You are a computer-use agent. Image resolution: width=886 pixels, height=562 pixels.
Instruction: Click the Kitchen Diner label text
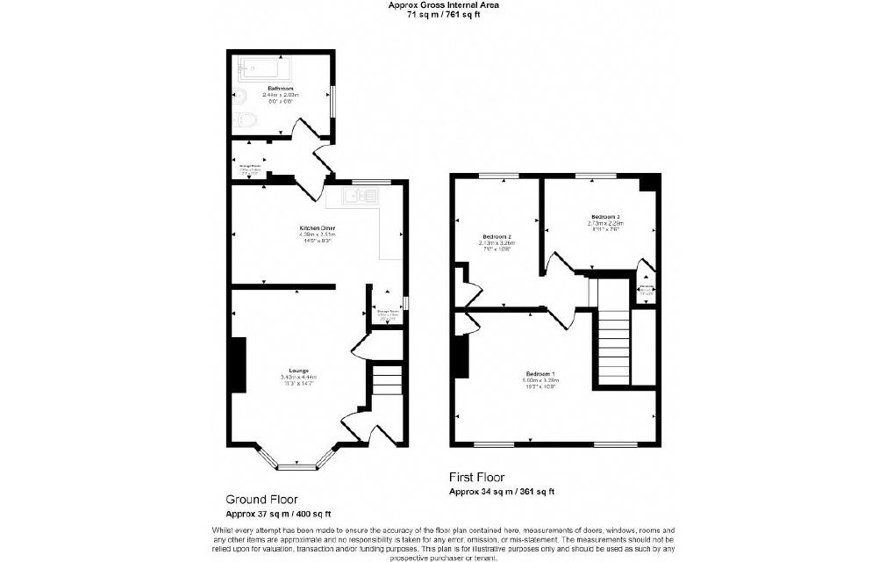[x=318, y=228]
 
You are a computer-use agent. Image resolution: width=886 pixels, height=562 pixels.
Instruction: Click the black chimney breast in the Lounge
[x=238, y=365]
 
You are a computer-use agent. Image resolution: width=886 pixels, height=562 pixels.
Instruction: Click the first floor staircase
[x=614, y=342]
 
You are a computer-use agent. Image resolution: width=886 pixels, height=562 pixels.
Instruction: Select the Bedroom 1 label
[x=537, y=374]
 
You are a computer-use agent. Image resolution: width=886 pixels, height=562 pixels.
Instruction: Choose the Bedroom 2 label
[x=497, y=236]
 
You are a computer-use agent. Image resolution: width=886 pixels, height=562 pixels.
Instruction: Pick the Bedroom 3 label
[x=604, y=216]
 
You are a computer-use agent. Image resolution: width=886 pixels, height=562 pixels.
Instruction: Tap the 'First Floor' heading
[x=476, y=477]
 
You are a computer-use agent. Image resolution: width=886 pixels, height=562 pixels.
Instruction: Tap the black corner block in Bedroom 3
[x=648, y=183]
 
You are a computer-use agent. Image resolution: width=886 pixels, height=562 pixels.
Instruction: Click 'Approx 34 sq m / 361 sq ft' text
[x=502, y=492]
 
